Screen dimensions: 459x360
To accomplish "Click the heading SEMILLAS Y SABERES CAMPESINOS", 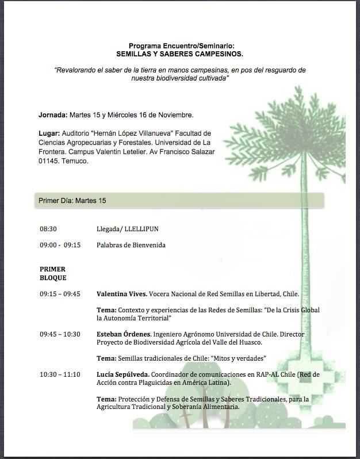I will coord(179,53).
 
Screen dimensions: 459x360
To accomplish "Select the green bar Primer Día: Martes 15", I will coord(179,201).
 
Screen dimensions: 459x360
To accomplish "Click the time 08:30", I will coord(48,229).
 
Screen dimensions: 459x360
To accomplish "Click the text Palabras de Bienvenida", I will coord(131,245).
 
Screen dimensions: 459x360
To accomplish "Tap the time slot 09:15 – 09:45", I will coord(60,294).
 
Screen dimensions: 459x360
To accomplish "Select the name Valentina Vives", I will coord(121,294).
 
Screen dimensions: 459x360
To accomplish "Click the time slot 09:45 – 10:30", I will coord(60,334).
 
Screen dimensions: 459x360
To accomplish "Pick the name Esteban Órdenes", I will coord(122,334).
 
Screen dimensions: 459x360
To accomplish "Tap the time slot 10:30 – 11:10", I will coord(60,374).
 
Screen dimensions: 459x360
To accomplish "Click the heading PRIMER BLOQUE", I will coord(53,273).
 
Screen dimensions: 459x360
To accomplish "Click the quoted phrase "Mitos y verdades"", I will coord(238,358).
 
